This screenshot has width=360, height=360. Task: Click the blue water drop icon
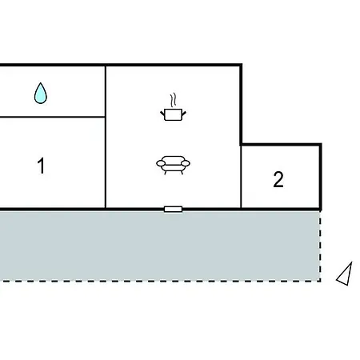41,94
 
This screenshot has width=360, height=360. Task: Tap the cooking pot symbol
173,114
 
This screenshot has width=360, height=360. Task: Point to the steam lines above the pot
174,100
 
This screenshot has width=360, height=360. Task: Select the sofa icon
173,165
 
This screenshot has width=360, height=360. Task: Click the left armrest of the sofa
161,163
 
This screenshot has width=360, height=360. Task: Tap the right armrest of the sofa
186,163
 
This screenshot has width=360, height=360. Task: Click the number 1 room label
41,166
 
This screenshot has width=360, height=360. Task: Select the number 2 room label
278,179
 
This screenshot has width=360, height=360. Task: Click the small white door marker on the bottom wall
173,210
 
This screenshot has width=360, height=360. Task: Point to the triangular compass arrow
345,274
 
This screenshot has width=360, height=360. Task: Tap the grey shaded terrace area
160,246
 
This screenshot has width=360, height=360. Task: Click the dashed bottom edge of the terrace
160,281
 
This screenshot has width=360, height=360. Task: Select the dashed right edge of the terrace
320,246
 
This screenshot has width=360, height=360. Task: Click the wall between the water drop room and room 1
52,117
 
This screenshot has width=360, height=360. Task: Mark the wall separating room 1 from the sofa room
106,137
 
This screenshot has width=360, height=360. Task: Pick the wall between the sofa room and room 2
241,177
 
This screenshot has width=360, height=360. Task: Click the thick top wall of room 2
281,145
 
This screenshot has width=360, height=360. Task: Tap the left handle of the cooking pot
162,114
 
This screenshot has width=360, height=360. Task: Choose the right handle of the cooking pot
184,114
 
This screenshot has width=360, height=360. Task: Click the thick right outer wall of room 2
321,177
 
